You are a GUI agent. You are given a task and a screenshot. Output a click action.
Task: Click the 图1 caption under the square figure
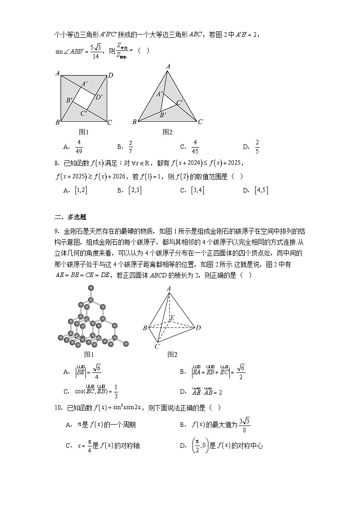click(x=84, y=132)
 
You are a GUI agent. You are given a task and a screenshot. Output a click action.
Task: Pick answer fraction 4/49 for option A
click(x=79, y=147)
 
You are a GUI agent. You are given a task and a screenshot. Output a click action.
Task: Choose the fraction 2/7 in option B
click(x=131, y=147)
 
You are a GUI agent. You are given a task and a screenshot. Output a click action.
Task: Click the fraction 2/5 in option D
click(x=257, y=147)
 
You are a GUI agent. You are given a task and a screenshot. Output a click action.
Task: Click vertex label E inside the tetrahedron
click(x=171, y=317)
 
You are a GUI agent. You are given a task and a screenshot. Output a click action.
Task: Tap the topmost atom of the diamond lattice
click(x=91, y=287)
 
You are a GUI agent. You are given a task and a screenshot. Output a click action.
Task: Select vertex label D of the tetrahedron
click(x=198, y=327)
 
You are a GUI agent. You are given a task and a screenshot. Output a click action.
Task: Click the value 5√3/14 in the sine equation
click(x=95, y=51)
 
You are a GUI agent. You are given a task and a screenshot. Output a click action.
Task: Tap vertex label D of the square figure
click(x=110, y=75)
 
